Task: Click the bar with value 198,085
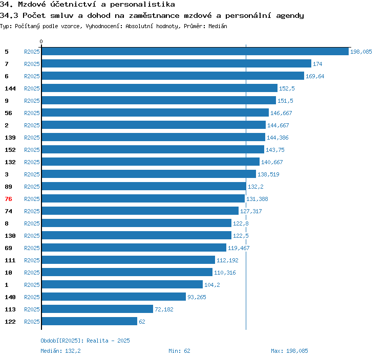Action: (x=195, y=51)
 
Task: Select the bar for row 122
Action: (x=89, y=321)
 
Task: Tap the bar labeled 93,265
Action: (x=113, y=297)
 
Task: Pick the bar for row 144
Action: (x=159, y=88)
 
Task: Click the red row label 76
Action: (x=8, y=199)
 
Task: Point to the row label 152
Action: (x=10, y=150)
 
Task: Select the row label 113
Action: (x=10, y=309)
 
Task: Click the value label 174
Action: (x=317, y=64)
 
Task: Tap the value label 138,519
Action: (x=268, y=174)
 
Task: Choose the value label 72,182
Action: (x=164, y=309)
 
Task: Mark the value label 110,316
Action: (x=225, y=273)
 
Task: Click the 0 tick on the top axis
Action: (x=41, y=41)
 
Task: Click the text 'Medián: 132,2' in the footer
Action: (x=60, y=351)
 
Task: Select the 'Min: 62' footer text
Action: (x=179, y=351)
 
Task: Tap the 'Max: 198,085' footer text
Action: (x=289, y=351)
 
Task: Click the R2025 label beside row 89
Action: (x=32, y=187)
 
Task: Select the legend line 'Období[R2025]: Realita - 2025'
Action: (x=86, y=341)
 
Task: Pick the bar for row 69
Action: (x=134, y=247)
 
